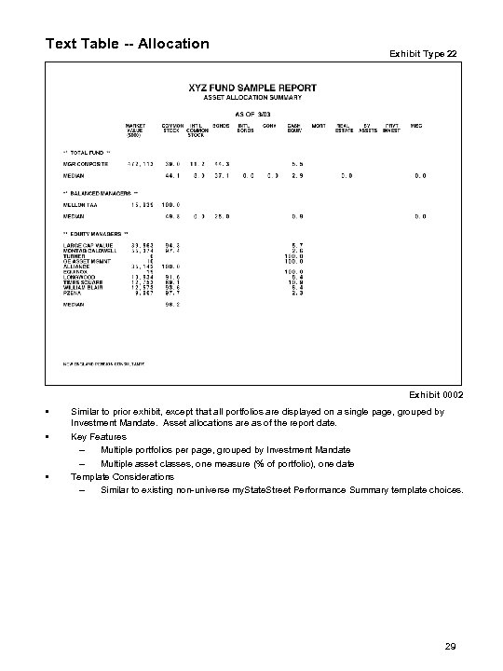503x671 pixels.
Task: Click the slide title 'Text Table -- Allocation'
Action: point(128,43)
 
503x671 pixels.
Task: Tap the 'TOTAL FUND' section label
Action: point(88,150)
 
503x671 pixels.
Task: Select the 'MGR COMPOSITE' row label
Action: point(86,162)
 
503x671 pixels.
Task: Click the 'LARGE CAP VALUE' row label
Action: point(86,244)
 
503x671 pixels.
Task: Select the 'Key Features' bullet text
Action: point(99,435)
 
